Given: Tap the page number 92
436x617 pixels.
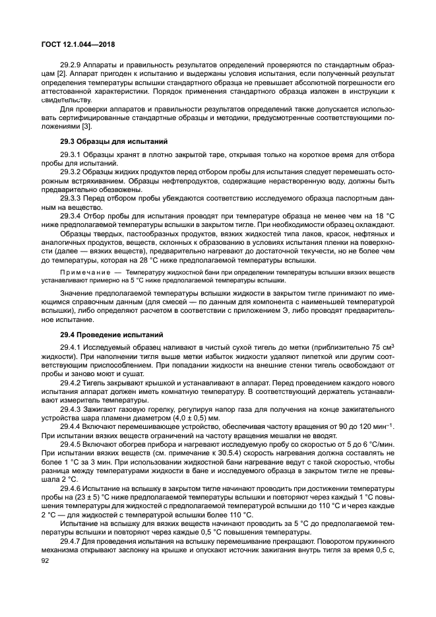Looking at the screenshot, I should point(46,561).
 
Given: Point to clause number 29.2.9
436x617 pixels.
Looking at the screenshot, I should point(72,66).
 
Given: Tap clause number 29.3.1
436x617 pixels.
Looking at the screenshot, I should point(72,154).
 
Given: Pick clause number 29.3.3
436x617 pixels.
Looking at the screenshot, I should point(72,197).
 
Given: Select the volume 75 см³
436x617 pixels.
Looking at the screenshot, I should point(383,347).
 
